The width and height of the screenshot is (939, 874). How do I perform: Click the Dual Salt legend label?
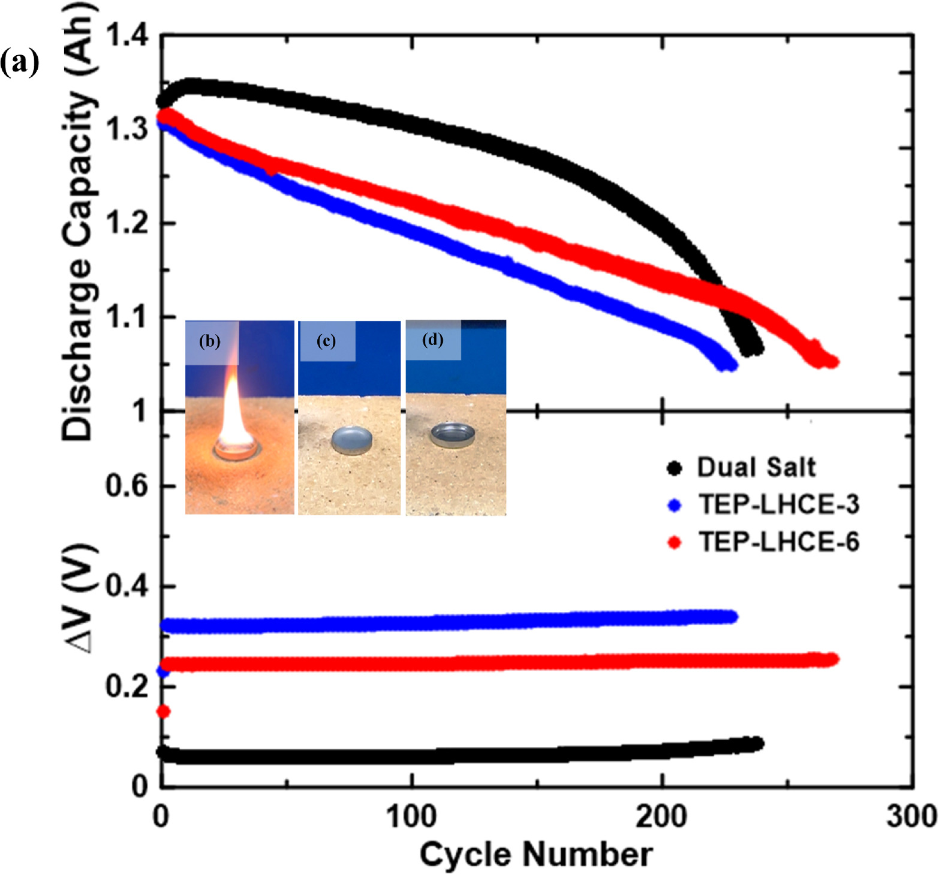(x=756, y=467)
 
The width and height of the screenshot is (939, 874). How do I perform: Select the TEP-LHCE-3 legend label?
(x=778, y=504)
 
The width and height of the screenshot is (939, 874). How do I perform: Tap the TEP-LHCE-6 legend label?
(x=778, y=542)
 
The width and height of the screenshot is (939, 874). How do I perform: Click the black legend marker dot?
(x=675, y=468)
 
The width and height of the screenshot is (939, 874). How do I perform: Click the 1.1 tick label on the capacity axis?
(x=127, y=317)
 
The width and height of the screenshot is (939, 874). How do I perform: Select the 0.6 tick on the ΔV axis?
(x=127, y=485)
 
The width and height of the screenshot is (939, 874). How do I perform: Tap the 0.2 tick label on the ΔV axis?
(x=127, y=686)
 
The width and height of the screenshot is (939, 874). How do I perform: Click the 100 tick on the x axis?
(x=411, y=816)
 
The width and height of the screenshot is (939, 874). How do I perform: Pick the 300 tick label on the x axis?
(x=911, y=816)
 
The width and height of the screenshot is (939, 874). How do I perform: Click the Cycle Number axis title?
(x=535, y=854)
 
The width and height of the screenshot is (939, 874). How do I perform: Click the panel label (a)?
(x=19, y=62)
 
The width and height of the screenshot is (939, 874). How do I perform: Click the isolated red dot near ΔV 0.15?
(x=163, y=711)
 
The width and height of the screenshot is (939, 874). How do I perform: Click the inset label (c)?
(x=326, y=341)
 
